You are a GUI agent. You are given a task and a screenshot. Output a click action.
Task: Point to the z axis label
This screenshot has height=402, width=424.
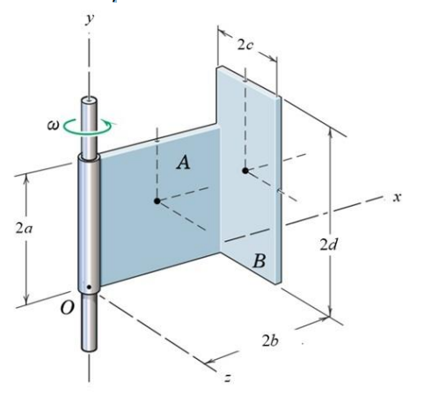click(226, 378)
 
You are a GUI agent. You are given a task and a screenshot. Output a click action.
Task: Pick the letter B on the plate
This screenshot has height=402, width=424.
click(259, 260)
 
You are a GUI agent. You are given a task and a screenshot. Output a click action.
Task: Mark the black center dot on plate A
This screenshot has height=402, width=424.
click(157, 201)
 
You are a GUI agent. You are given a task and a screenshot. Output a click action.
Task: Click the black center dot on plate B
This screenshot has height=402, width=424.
click(245, 170)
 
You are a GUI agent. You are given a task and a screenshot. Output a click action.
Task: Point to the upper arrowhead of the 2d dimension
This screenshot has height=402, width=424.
click(331, 130)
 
